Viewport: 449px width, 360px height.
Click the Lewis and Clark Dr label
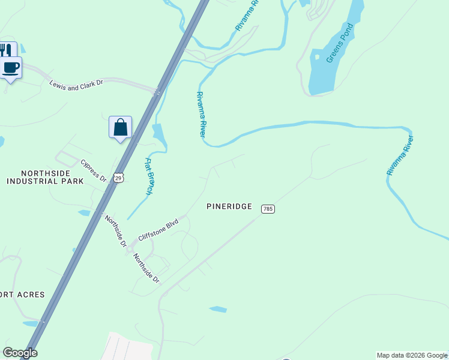click(77, 84)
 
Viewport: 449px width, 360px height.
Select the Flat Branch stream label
click(149, 176)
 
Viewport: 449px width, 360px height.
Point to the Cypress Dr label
click(93, 170)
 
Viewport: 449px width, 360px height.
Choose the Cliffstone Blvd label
click(158, 229)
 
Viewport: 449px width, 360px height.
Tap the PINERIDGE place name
click(229, 206)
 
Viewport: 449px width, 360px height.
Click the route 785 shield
click(268, 209)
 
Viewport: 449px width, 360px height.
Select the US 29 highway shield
click(119, 178)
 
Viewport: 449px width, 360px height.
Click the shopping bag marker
click(120, 127)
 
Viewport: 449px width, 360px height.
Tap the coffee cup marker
click(11, 67)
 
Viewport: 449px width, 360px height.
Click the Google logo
click(20, 353)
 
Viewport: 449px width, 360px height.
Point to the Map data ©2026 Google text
click(412, 355)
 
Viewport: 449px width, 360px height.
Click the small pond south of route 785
click(218, 310)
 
